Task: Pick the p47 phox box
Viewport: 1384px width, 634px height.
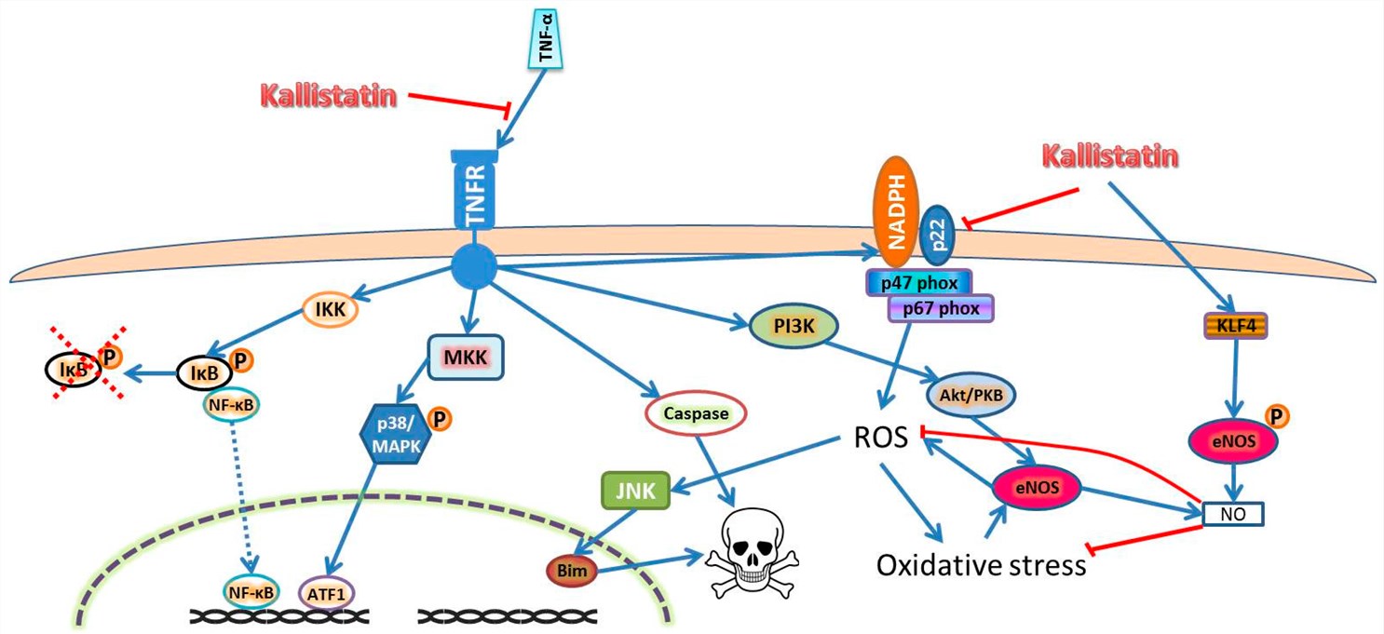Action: [919, 282]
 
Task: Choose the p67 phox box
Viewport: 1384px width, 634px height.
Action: [942, 308]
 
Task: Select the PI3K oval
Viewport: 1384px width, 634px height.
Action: [794, 327]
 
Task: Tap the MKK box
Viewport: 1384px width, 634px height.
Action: [466, 357]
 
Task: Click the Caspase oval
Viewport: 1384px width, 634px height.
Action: [696, 413]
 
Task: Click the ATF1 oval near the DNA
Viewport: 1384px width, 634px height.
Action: [326, 590]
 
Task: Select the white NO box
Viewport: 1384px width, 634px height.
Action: [1231, 512]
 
